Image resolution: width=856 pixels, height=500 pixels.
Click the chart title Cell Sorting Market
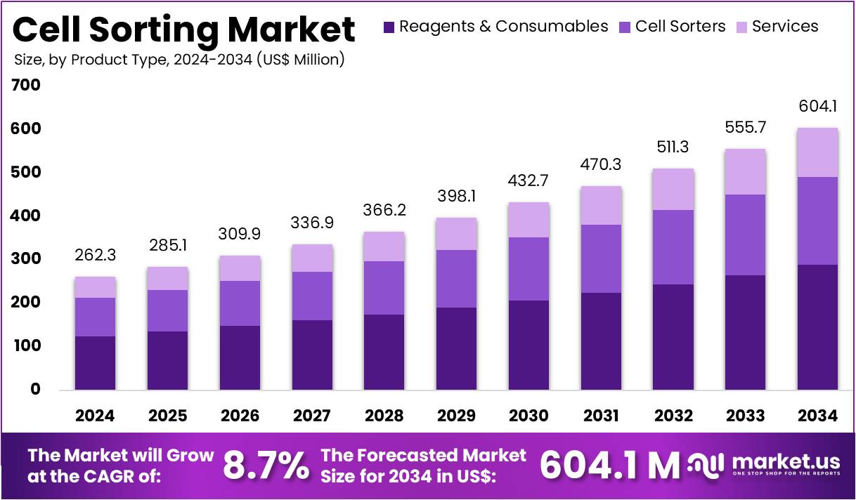coord(184,29)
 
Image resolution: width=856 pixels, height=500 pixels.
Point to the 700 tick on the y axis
coord(26,86)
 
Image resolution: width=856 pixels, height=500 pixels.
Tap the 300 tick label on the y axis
coord(26,259)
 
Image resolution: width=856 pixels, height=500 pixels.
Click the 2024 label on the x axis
coord(95,416)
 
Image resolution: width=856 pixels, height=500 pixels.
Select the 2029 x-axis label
coord(456,416)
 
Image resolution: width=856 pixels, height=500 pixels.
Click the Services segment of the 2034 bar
coord(817,152)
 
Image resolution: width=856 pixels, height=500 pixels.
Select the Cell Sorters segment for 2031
coord(601,258)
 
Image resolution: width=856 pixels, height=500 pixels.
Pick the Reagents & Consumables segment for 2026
coord(240,357)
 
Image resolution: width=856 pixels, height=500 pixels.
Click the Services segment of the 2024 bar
coord(95,287)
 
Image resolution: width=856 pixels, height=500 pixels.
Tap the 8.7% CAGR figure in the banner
coord(266,465)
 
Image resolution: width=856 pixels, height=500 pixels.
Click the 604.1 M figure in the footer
coord(609,465)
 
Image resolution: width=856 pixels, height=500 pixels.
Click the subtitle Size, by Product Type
coord(179,60)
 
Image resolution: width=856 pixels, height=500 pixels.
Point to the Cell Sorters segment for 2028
coord(384,288)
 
